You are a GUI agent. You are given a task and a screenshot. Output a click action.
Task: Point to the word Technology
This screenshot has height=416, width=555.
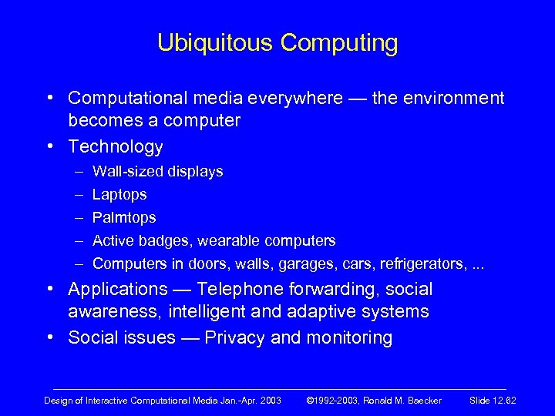click(116, 146)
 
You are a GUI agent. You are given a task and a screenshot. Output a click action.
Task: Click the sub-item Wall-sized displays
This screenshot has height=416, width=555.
click(157, 171)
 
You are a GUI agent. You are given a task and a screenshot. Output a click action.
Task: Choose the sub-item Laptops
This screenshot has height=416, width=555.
click(119, 195)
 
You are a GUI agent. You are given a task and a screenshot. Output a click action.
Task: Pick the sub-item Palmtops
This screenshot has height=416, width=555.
click(124, 218)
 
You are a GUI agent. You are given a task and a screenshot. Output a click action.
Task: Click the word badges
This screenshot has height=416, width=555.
click(157, 241)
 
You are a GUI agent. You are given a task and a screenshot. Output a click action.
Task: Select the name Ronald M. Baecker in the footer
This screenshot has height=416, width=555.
click(404, 401)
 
